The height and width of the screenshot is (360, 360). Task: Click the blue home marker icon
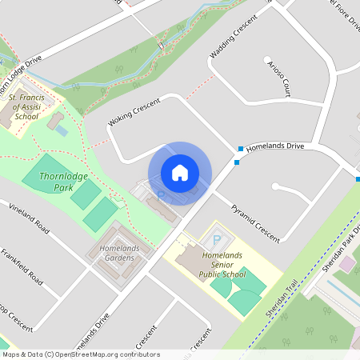coord(180,173)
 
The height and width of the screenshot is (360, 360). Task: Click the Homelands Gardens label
coord(120,253)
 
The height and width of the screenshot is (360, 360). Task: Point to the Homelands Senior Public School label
coord(221,264)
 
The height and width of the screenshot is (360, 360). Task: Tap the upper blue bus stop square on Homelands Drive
coord(240,148)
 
